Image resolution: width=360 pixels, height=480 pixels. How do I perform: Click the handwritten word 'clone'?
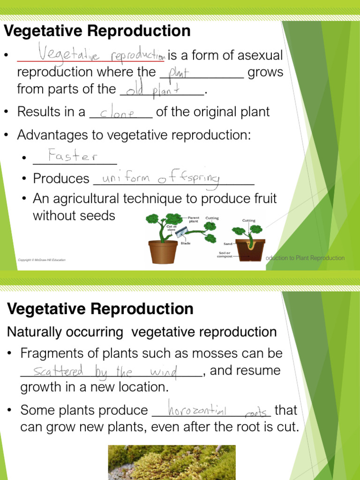(118, 113)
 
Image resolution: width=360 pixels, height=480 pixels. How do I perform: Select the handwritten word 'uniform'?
(125, 179)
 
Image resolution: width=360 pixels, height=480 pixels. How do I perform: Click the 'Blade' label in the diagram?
(186, 243)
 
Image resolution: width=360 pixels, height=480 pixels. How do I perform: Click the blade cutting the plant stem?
(180, 231)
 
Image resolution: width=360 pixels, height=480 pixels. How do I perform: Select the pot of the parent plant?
(163, 251)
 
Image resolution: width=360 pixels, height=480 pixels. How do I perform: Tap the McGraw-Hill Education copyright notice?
(42, 260)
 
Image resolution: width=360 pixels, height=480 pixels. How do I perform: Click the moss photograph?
(172, 462)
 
